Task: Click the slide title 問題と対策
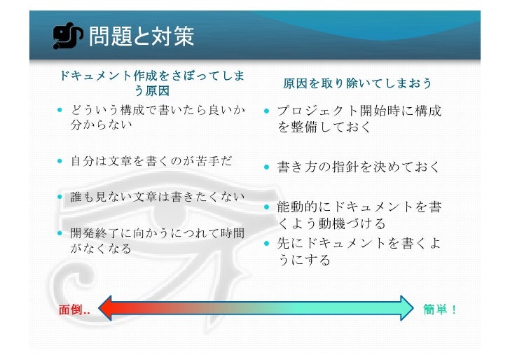pos(140,36)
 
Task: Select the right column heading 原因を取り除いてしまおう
pos(357,84)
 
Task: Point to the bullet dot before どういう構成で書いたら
pos(62,111)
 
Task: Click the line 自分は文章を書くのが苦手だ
pos(151,162)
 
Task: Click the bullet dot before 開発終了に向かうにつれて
pos(62,233)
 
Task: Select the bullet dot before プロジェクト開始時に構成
pos(268,111)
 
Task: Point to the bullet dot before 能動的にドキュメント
pos(268,207)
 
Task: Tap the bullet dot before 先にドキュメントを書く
pos(268,243)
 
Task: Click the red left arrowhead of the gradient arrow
pos(107,308)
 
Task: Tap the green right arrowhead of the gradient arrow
pos(406,308)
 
